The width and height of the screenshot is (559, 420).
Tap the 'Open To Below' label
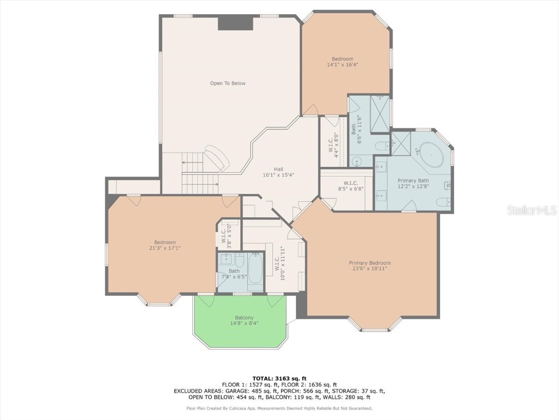point(228,84)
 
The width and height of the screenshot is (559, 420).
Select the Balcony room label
point(244,318)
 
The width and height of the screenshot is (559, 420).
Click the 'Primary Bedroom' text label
point(370,263)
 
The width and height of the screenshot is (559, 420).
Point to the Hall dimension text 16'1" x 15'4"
point(278,176)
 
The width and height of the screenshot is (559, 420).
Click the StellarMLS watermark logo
point(531,210)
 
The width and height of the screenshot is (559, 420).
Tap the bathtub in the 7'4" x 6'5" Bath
point(255,272)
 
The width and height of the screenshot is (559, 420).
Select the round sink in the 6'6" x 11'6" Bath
point(356,161)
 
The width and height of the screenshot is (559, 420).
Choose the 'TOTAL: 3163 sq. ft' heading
point(279,378)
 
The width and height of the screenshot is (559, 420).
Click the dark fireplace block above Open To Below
point(235,23)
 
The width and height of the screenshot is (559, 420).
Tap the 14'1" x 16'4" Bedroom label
point(342,62)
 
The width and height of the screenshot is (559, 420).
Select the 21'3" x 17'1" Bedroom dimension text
point(164,248)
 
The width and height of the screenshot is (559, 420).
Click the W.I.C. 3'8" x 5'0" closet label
point(227,235)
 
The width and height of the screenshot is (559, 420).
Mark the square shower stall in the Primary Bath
point(401,143)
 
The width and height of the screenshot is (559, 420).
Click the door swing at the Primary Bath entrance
point(408,206)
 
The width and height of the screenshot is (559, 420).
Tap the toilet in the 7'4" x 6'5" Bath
point(239,260)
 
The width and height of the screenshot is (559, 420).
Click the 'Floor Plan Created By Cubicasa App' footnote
point(279,408)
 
